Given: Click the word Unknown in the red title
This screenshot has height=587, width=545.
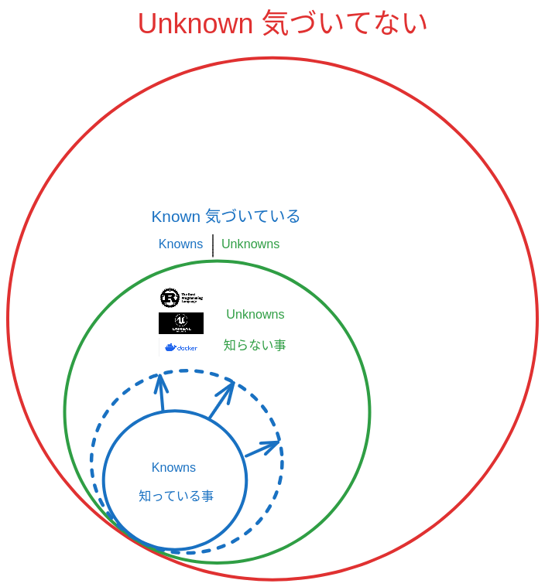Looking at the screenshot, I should pos(194,23).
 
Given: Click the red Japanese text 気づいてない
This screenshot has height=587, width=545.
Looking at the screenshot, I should pos(344,23).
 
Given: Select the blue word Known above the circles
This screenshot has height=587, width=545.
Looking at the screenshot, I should pos(176,217).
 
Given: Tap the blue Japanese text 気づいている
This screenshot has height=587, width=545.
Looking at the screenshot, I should pos(252,217).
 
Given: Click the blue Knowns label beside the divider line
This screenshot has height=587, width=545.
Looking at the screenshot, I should pos(180,244).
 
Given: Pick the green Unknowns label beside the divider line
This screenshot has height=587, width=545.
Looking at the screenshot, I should pos(250,244).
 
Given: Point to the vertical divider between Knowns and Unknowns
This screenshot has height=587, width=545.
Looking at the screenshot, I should pos(212,244).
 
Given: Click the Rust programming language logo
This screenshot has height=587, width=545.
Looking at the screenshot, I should pos(181,298).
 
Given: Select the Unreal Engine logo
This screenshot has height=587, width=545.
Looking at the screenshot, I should pos(181,323).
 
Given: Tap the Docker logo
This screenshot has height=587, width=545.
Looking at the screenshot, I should pos(181,347).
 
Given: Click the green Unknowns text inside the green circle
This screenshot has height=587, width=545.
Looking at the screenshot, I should pos(255,315).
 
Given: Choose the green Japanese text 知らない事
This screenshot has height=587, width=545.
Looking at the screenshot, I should pos(255,345).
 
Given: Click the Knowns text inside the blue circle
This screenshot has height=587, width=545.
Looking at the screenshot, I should pos(173,468).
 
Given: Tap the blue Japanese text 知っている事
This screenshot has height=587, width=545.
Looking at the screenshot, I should pos(176,497).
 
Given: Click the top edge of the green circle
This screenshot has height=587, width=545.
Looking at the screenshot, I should pos(218,261).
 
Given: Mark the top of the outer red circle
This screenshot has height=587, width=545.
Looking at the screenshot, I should pos(272,58).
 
